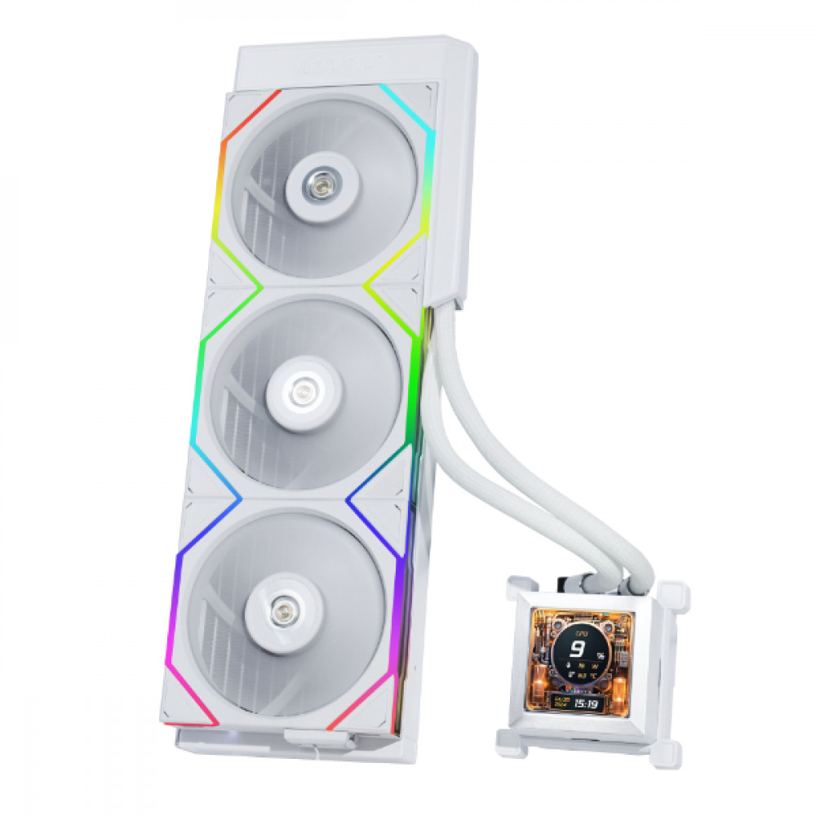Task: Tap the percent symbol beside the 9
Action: coord(601,655)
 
